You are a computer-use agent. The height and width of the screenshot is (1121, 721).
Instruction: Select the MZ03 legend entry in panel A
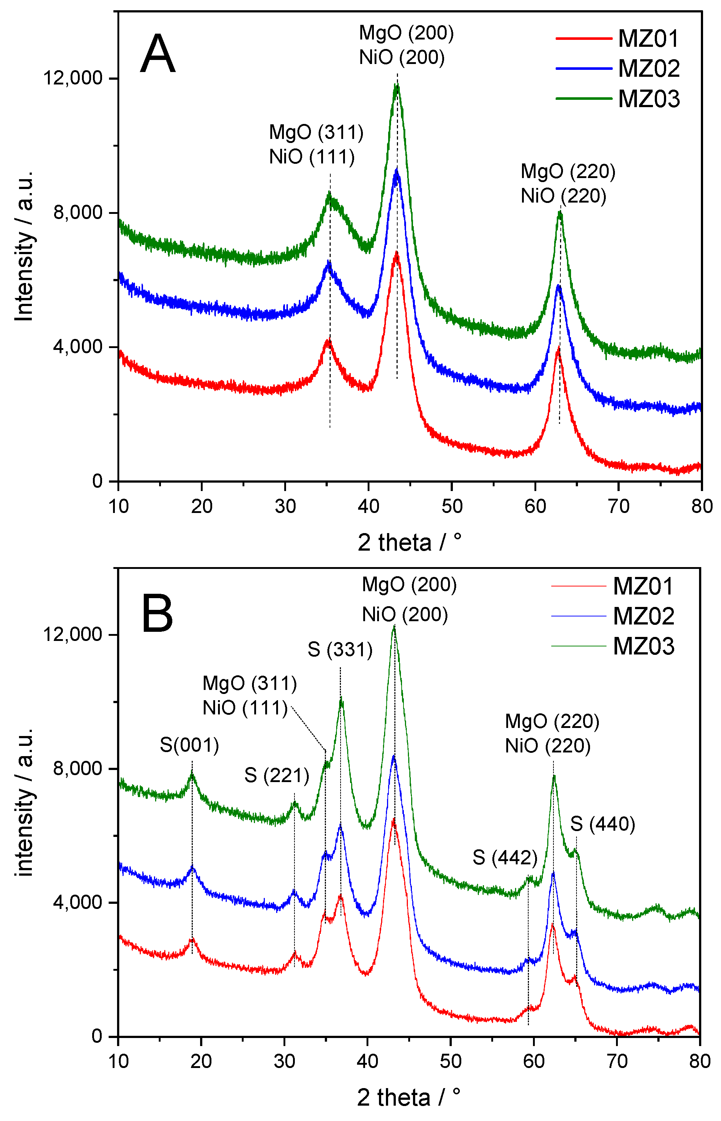tap(649, 99)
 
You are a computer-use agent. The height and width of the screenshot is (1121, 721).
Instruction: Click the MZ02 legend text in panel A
tap(649, 68)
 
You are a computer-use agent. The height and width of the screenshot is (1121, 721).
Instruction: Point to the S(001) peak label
tap(189, 745)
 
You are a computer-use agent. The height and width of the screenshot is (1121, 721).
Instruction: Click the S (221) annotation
tap(276, 776)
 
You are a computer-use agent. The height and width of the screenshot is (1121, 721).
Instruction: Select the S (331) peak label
tap(340, 650)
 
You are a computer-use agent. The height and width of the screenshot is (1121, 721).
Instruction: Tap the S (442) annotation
tap(505, 858)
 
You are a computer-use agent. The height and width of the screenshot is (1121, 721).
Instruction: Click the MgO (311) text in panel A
tap(316, 132)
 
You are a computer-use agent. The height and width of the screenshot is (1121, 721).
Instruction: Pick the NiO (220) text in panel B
tap(547, 746)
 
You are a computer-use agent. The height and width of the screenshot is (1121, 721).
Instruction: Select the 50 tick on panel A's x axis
tap(452, 506)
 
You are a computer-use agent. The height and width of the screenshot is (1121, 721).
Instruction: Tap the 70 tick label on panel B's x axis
tap(617, 1061)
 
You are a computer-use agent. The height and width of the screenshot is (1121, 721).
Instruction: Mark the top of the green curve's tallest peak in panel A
tap(397, 86)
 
